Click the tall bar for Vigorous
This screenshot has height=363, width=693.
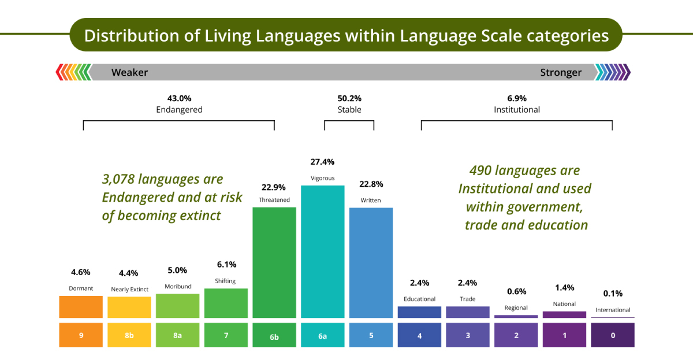[x=322, y=251]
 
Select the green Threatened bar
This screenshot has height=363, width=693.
[x=274, y=262]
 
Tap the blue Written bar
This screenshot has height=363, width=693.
[x=371, y=262]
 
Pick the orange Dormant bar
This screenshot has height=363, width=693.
[x=81, y=307]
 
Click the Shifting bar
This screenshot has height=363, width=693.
[x=226, y=303]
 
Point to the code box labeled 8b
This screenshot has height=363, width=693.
[x=129, y=335]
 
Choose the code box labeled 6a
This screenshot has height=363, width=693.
[x=322, y=335]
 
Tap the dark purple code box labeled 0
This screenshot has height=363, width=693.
[x=612, y=335]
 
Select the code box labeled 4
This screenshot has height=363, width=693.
[x=419, y=335]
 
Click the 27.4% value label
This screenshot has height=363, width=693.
[x=322, y=162]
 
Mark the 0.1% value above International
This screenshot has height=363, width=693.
[x=613, y=293]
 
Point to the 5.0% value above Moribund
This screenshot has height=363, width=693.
[x=177, y=270]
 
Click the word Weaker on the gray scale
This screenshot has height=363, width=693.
[x=129, y=72]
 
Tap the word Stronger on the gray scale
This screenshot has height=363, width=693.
[x=561, y=72]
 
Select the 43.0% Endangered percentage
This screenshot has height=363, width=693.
[x=179, y=98]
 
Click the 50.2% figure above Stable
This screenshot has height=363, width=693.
[x=349, y=98]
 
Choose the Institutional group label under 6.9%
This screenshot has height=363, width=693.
[x=517, y=110]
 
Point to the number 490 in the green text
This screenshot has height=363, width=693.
[x=482, y=171]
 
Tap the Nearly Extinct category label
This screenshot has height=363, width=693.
[x=129, y=289]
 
